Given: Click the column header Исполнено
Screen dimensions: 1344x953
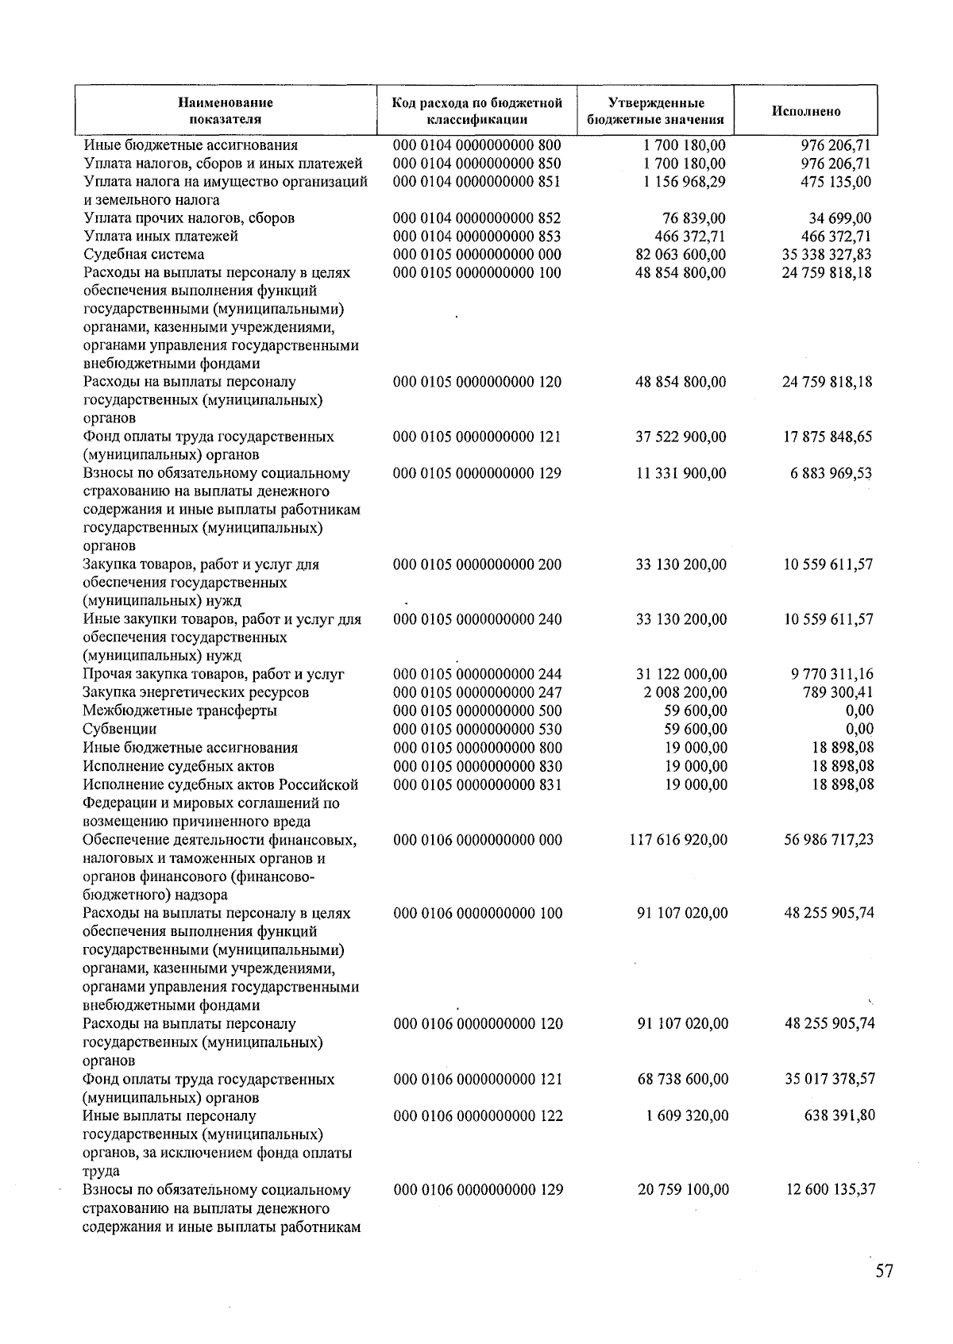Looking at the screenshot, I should coord(806,111).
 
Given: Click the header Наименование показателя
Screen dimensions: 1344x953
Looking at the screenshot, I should coord(225,111).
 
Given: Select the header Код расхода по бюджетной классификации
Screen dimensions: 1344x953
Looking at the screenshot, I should coord(476,111).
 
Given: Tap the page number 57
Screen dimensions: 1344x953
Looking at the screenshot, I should coord(884,1271).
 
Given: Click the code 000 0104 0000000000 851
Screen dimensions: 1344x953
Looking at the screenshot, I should coord(476,182).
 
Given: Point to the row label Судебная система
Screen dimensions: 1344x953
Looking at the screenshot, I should coord(144,255).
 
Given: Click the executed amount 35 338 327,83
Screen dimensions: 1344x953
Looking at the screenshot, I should coord(827,255).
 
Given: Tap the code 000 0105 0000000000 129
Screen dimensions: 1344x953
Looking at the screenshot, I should coord(477,473).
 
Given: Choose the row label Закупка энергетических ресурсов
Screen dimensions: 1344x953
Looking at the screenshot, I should coord(196,692).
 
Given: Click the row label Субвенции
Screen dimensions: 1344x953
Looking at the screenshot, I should coord(120,729).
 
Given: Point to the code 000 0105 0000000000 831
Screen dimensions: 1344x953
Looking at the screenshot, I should coord(477,784).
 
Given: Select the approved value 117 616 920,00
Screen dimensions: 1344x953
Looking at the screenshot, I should coord(677,840).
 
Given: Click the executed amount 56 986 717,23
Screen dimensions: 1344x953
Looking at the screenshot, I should coord(828,840).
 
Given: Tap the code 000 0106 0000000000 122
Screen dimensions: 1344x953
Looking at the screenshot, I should coord(478,1115).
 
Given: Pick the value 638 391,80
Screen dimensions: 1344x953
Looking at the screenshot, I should coord(839,1115).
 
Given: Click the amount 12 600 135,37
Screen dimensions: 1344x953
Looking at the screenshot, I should coord(830,1190).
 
